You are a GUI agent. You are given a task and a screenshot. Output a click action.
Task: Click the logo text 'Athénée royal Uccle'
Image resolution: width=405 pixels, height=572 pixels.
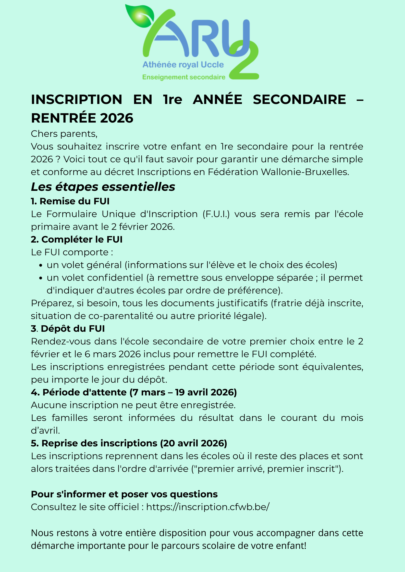click(x=183, y=65)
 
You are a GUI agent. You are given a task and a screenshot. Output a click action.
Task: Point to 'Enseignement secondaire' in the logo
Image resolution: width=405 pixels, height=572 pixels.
click(x=184, y=77)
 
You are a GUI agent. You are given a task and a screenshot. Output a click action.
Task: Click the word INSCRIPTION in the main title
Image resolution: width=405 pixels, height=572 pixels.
click(x=77, y=99)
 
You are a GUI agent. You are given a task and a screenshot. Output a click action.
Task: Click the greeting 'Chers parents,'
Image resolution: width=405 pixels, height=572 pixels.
click(x=64, y=134)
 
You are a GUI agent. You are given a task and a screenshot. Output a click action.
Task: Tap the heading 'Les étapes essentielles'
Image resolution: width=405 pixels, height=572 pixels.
click(x=103, y=187)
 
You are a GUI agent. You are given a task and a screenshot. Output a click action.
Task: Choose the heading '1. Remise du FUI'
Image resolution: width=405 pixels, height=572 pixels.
click(x=70, y=201)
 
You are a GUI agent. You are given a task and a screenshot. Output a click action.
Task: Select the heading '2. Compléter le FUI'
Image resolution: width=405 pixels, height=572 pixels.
click(x=77, y=240)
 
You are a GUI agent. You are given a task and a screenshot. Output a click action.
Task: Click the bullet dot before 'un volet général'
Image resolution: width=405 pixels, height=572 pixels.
click(x=41, y=265)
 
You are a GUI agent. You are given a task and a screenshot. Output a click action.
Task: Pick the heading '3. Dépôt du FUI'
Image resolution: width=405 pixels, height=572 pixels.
click(x=68, y=329)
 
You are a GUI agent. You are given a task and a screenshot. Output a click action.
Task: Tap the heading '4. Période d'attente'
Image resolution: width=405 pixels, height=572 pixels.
click(x=134, y=392)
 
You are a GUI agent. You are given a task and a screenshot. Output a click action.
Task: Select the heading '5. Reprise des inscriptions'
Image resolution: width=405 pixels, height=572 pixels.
click(x=129, y=443)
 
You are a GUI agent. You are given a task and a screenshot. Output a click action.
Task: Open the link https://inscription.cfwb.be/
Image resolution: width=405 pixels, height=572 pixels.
click(x=208, y=507)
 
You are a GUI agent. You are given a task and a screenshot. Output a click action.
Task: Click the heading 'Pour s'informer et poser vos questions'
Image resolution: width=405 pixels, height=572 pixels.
click(x=124, y=494)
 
